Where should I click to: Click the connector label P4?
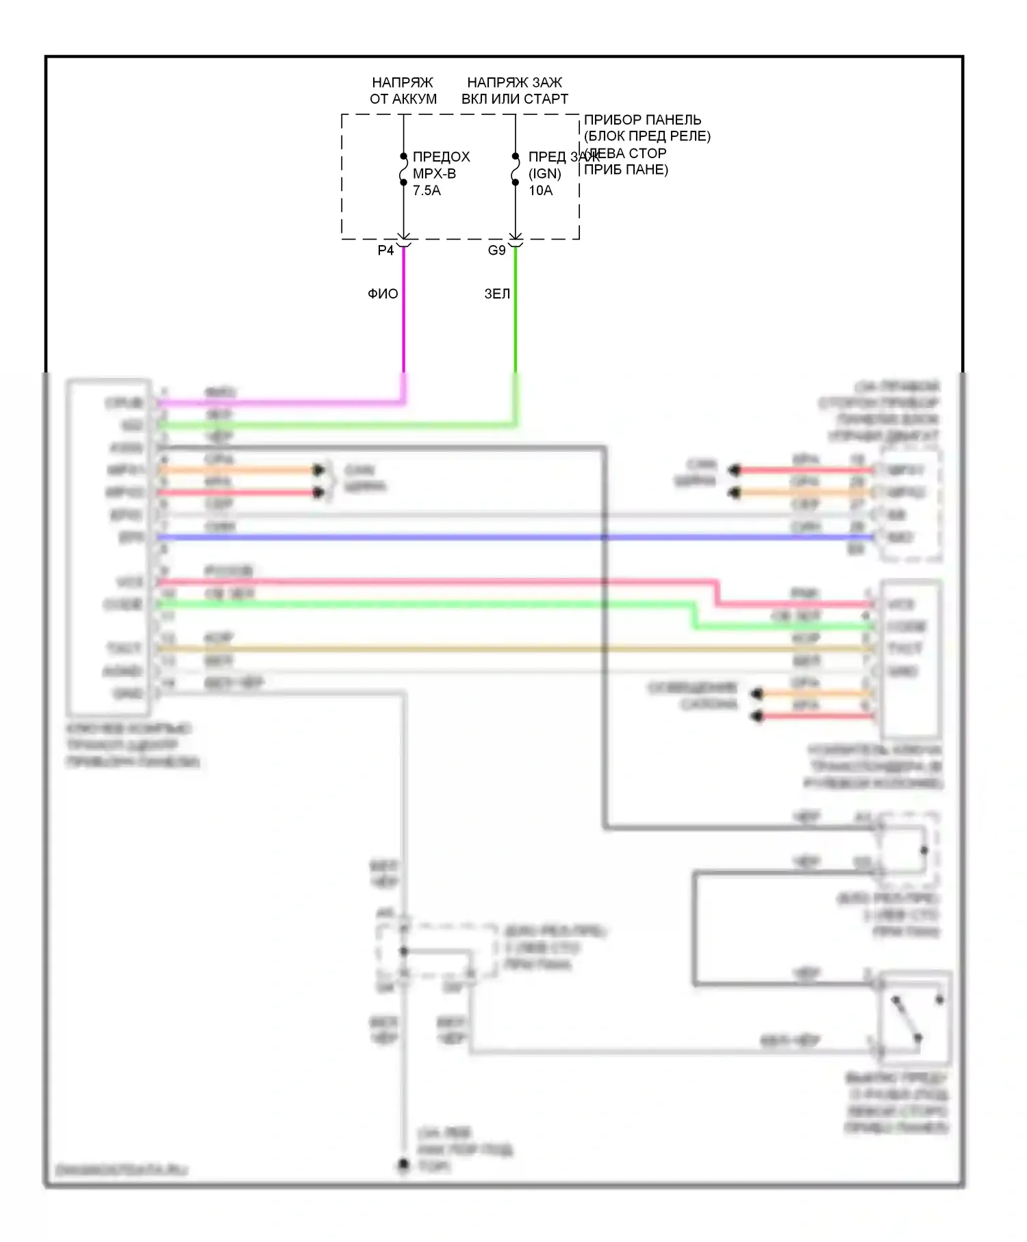point(385,251)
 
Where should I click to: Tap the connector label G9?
point(496,251)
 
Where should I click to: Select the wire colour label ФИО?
point(383,294)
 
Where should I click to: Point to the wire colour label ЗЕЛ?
point(497,294)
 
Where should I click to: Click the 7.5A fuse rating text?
point(427,190)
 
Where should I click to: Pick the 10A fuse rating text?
point(540,190)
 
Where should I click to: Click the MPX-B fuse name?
point(434,174)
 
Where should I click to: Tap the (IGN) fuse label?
point(545,174)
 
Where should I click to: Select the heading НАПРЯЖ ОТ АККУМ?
point(403,90)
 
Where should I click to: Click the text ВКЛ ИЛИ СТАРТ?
point(515,99)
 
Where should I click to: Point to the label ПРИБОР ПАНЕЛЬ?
point(642,120)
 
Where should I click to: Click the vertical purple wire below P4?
point(403,315)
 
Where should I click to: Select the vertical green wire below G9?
point(516,315)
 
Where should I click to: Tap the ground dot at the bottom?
point(404,1164)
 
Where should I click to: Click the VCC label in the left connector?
point(129,583)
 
